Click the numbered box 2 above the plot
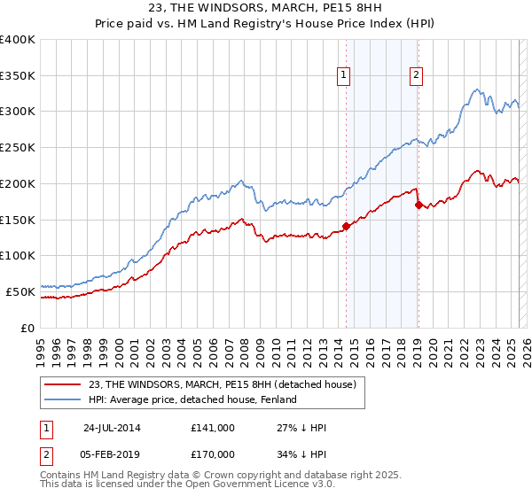416,76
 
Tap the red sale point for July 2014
346,226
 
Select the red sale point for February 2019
418,205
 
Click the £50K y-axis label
21,291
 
